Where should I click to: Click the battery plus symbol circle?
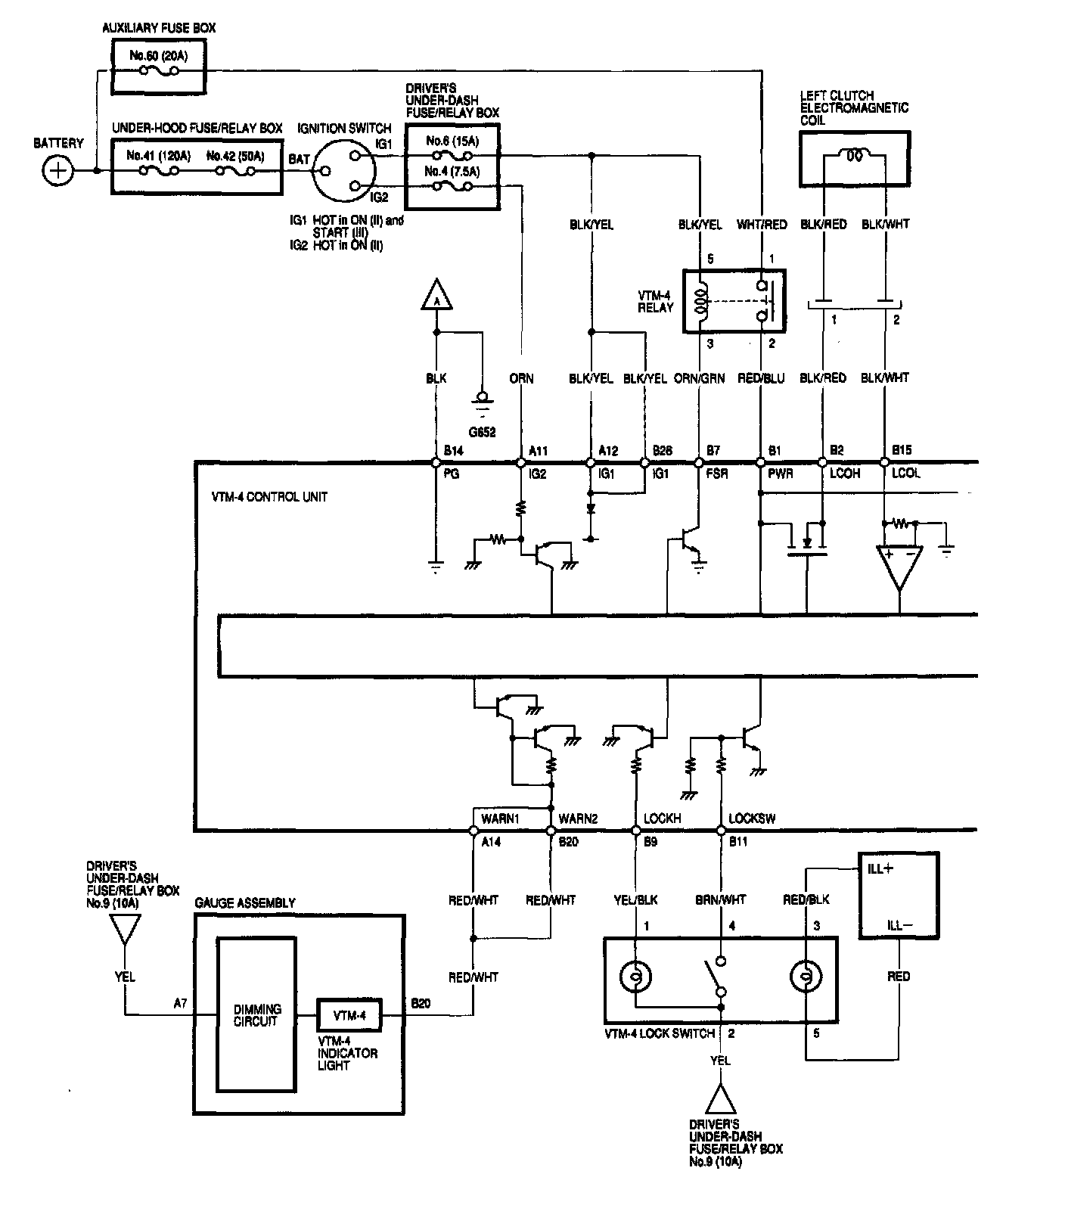(x=57, y=171)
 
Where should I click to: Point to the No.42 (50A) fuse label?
(x=234, y=156)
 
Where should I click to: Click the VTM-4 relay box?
(x=734, y=301)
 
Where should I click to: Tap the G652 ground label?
(x=482, y=433)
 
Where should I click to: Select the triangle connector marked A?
(x=436, y=297)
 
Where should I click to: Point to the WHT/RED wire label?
(x=762, y=225)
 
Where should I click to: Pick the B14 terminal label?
(x=453, y=451)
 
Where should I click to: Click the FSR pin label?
(x=716, y=474)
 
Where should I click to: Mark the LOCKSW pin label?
(x=751, y=818)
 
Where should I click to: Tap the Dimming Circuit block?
(x=256, y=1014)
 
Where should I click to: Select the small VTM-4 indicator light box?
(x=349, y=1015)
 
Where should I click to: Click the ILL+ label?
(x=880, y=869)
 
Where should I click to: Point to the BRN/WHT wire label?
(x=720, y=899)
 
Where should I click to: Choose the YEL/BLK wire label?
(x=635, y=899)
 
